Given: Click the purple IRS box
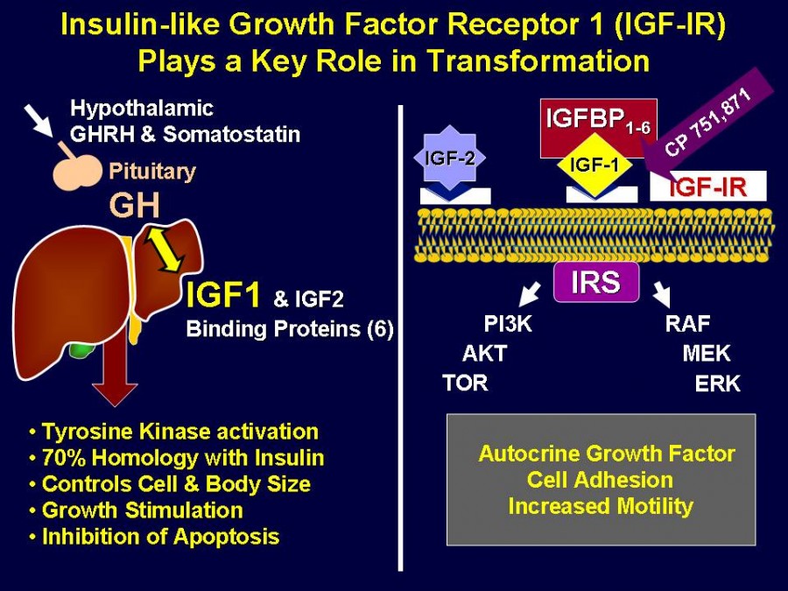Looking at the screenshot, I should click(596, 284).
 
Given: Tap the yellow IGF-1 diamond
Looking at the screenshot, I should click(595, 165).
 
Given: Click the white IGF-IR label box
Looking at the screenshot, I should click(707, 186).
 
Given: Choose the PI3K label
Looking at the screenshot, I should click(508, 325).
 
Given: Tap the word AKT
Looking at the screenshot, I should click(484, 355).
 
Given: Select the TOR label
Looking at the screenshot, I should click(465, 383).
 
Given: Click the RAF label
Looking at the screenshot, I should click(687, 325).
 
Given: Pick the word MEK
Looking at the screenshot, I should click(706, 355).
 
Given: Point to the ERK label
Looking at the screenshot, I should click(717, 383).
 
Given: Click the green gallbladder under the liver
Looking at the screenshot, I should click(81, 351).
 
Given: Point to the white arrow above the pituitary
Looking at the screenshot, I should click(42, 121).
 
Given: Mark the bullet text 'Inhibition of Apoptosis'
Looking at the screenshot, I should click(160, 537).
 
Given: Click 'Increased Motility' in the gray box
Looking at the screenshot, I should click(601, 506).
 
